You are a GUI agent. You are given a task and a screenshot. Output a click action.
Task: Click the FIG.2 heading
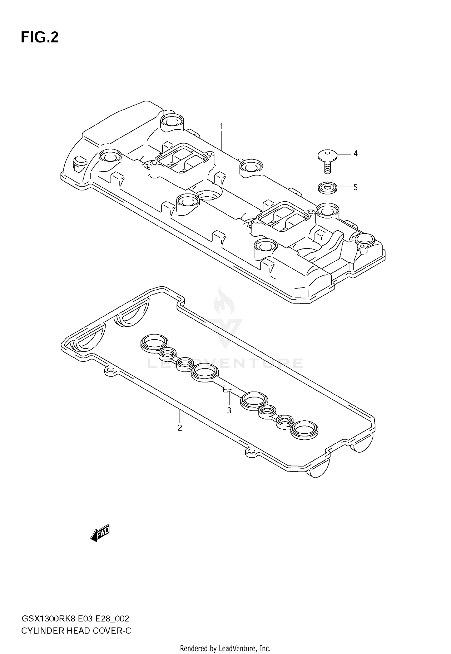coord(39,38)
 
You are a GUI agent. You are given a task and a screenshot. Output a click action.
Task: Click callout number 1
coord(221,126)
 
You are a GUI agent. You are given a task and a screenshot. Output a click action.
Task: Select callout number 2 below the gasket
coord(179,428)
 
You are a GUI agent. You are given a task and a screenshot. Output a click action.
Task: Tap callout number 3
coord(229,410)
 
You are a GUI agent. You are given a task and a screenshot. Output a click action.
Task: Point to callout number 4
coord(355,154)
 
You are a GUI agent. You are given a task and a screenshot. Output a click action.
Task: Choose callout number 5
coord(355,187)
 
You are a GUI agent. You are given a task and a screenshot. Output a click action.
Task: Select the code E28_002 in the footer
coord(112,619)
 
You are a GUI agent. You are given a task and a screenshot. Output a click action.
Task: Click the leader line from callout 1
coord(222,140)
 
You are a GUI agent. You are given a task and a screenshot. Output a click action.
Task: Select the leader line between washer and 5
coord(343,187)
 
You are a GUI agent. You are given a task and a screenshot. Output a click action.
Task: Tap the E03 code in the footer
coord(85,619)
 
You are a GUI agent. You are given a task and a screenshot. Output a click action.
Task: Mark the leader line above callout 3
coord(229,399)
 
